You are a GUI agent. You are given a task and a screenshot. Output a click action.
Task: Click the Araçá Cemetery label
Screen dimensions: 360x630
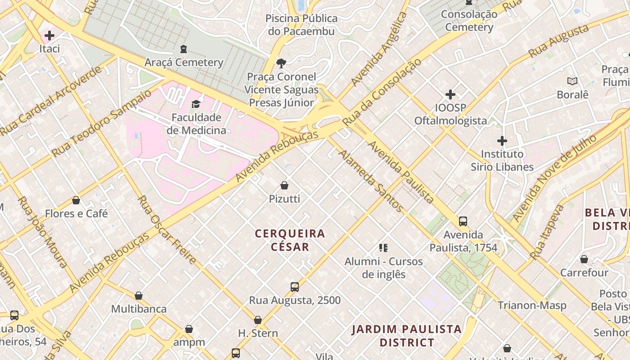pos(184,62)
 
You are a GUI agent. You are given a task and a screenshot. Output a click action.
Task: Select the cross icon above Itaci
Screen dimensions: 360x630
pos(49,35)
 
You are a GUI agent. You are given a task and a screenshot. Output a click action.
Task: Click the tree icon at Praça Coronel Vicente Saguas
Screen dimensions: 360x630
pos(281,63)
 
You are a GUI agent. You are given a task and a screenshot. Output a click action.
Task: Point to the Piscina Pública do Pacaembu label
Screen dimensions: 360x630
pos(301,25)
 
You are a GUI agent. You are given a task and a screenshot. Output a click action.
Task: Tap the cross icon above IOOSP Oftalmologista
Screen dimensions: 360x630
pos(450,94)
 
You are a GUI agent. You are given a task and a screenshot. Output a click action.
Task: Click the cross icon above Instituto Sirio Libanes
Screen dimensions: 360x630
pos(502,141)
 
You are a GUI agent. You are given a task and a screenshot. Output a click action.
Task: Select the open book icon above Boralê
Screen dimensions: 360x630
pos(572,81)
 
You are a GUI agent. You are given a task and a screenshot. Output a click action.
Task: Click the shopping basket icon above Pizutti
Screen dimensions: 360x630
pos(284,185)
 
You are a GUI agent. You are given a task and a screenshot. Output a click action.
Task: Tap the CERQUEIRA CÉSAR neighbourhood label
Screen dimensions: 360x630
pos(290,240)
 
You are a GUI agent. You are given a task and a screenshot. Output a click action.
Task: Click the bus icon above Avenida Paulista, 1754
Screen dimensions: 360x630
pos(463,221)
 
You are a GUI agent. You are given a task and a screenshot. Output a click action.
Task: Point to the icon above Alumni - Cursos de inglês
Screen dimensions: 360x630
pos(383,247)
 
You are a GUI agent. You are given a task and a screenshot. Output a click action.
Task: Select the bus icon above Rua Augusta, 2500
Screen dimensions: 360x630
pos(295,287)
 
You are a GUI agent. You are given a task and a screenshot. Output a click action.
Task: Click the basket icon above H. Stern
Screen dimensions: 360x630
pos(258,320)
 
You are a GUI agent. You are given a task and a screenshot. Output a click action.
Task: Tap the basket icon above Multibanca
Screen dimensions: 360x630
pos(139,296)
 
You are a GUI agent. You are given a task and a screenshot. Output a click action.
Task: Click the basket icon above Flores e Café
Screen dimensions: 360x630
pos(76,200)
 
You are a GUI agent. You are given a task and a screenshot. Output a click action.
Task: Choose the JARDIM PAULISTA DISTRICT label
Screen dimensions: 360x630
pos(407,336)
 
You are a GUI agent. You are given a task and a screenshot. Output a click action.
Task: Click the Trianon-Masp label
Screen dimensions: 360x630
pos(532,306)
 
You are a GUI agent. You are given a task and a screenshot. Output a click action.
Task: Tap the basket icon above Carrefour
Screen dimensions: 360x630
pos(584,259)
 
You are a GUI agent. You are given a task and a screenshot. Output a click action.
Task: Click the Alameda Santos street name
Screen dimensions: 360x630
pos(371,181)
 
